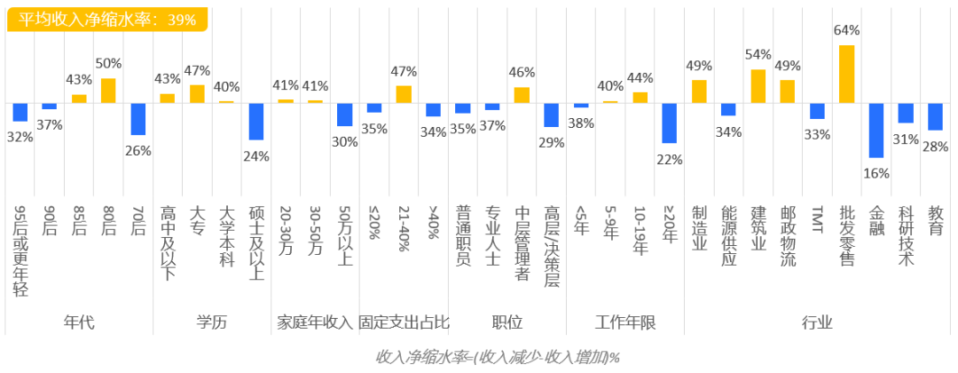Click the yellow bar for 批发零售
click(x=846, y=74)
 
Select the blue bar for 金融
click(x=876, y=130)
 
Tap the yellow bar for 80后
click(x=108, y=91)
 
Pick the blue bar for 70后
click(x=137, y=119)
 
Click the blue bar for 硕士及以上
click(x=256, y=122)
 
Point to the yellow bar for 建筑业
click(x=758, y=86)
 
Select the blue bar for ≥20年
click(x=669, y=123)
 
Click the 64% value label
click(x=847, y=30)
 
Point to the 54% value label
click(x=758, y=52)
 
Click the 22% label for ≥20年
click(x=669, y=160)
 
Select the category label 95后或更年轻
click(x=20, y=250)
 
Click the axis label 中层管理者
click(x=522, y=242)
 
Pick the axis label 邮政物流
click(x=788, y=236)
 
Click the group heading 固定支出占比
click(x=404, y=322)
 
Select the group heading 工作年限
click(x=625, y=322)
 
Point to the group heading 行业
click(x=817, y=322)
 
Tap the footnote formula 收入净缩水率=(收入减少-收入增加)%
click(x=497, y=357)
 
